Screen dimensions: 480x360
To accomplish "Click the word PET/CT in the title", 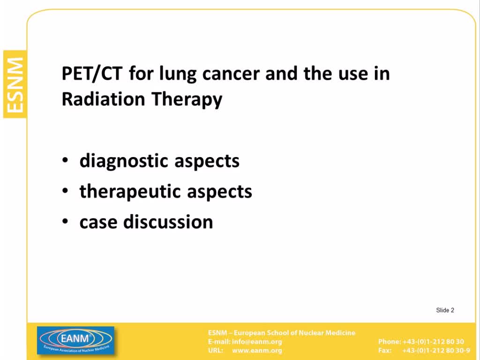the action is tap(92, 74).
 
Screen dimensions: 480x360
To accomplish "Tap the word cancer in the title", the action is tap(231, 74).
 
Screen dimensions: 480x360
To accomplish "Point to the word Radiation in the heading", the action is tap(103, 99).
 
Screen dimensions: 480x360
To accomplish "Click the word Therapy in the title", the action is tap(187, 100).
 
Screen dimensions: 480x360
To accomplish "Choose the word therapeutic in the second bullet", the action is tap(130, 192).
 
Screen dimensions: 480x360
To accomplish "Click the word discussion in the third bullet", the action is tap(168, 222).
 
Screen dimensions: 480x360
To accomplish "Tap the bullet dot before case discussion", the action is tap(65, 221).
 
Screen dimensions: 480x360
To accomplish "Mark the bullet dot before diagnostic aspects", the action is tap(65, 160).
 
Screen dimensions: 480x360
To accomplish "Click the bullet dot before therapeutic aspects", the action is tap(65, 191).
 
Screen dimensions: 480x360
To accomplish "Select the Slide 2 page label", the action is tap(445, 310).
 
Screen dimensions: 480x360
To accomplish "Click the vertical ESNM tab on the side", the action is tap(15, 84).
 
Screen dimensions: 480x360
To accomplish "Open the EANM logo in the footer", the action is tap(75, 340).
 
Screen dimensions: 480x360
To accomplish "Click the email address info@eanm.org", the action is tap(257, 342).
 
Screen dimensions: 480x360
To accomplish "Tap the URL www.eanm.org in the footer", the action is tap(257, 350).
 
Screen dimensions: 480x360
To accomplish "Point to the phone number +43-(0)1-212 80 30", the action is tap(433, 342).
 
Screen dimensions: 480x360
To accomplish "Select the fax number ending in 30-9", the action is tap(436, 350).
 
